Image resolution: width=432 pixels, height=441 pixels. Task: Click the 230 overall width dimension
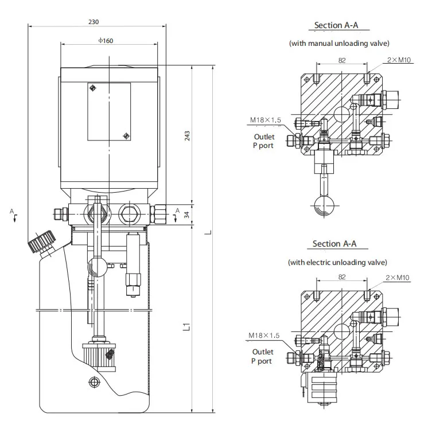pos(94,22)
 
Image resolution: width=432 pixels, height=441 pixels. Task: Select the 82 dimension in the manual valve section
pos(342,60)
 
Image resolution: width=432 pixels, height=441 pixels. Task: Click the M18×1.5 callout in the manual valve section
pos(265,120)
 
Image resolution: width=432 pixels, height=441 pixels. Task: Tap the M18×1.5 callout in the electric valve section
pos(264,335)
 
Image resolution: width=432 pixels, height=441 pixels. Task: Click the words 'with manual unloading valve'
pos(338,44)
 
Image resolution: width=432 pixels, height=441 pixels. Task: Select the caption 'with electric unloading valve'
pos(337,262)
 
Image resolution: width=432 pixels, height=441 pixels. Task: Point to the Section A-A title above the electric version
pos(334,244)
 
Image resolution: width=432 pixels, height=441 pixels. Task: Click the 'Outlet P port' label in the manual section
pos(264,141)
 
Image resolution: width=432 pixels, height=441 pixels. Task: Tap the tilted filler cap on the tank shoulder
pos(40,242)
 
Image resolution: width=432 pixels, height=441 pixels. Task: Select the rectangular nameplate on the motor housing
pos(109,112)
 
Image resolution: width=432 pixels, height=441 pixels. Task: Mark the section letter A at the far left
pos(12,212)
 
